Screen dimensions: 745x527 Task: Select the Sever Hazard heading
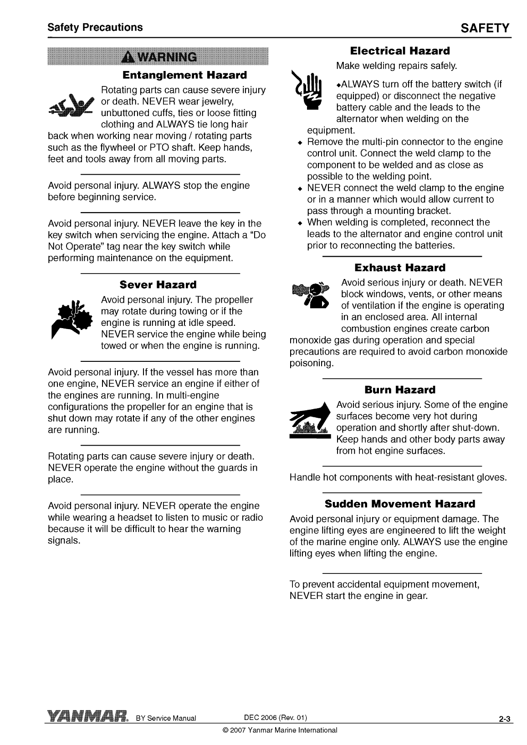coord(158,285)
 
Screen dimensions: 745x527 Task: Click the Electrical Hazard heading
coord(400,51)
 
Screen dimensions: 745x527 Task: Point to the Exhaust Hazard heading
coord(400,268)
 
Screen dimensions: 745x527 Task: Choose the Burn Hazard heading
coord(400,390)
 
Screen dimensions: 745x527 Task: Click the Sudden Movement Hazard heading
coord(400,504)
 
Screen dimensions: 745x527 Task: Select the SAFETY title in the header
coord(485,28)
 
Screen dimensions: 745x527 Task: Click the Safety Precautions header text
coord(95,27)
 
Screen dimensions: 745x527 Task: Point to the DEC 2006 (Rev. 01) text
coord(276,718)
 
